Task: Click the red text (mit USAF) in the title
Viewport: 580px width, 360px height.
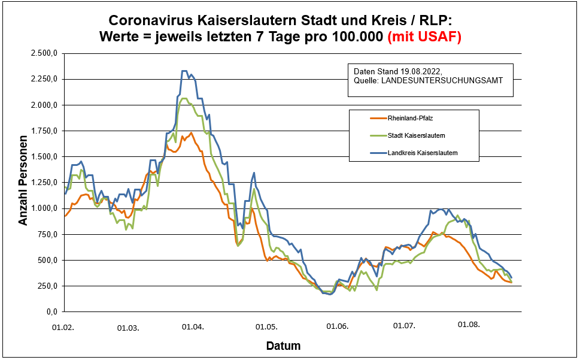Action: pyautogui.click(x=424, y=37)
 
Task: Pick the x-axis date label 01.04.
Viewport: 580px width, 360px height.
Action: pyautogui.click(x=193, y=327)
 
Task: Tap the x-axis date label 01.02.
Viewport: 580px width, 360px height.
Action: pyautogui.click(x=63, y=327)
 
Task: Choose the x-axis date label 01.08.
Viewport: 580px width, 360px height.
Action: pyautogui.click(x=469, y=325)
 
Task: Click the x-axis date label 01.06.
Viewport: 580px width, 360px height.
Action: pyautogui.click(x=337, y=327)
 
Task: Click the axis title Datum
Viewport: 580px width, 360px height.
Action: pyautogui.click(x=283, y=346)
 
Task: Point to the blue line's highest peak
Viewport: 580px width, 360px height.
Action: pyautogui.click(x=184, y=71)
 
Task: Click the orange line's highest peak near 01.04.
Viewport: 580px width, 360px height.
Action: pyautogui.click(x=191, y=133)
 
